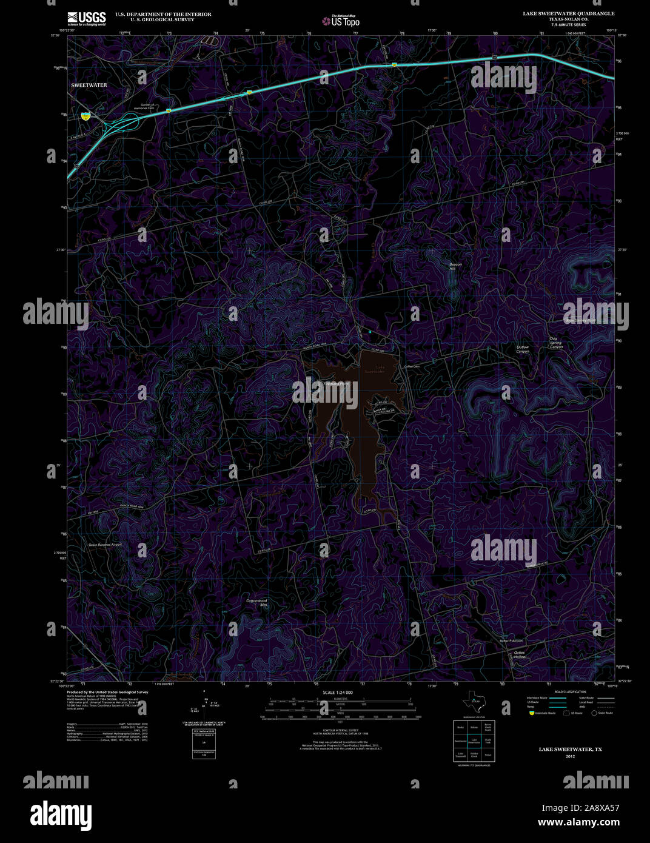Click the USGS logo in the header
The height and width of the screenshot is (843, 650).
point(87,18)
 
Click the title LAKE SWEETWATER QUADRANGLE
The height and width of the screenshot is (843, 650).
point(569,13)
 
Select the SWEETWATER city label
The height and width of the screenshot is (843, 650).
point(89,85)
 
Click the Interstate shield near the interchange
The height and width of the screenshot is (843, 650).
point(85,115)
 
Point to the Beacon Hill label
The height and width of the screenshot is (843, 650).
point(455,266)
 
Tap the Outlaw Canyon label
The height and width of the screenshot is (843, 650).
point(523,349)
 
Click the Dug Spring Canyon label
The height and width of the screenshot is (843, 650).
point(555,343)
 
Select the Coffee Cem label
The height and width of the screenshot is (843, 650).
point(412,366)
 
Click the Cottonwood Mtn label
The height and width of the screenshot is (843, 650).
point(256,603)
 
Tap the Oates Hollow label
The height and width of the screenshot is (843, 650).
point(520,654)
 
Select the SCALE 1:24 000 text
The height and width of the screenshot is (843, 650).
point(338,692)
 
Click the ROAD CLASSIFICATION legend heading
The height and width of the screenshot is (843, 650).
point(570,692)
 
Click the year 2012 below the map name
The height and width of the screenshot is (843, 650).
point(570,756)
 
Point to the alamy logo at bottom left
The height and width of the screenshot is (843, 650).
point(61,814)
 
